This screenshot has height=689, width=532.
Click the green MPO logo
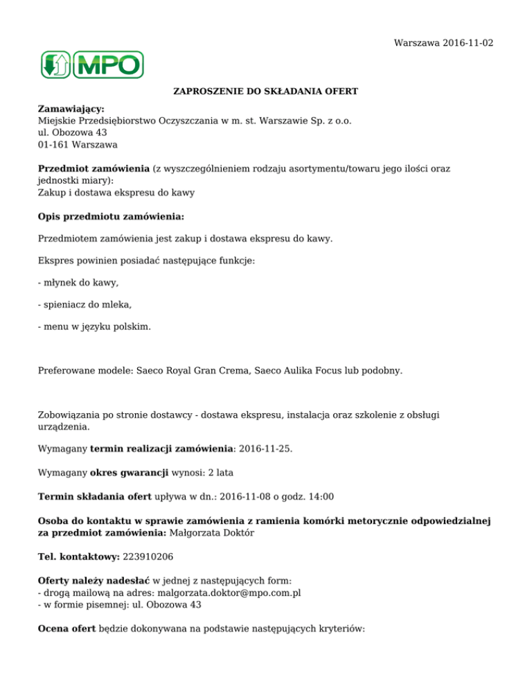coord(91,64)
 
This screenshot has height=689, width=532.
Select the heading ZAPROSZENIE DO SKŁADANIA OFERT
coord(265,91)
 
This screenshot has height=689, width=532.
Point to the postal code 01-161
coord(54,145)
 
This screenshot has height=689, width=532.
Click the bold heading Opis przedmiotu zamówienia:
coord(111,216)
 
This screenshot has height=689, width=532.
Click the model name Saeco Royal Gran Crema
coord(180,371)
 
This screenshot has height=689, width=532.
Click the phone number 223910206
coord(154,557)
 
